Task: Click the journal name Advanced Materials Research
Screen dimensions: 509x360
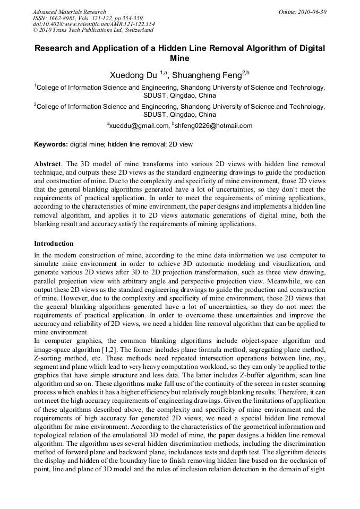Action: click(x=69, y=12)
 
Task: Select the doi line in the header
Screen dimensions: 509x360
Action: click(x=94, y=24)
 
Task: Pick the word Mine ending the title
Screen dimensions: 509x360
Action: click(x=179, y=58)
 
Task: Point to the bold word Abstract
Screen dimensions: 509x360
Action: click(x=47, y=163)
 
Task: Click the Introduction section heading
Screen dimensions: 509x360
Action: click(x=54, y=244)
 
